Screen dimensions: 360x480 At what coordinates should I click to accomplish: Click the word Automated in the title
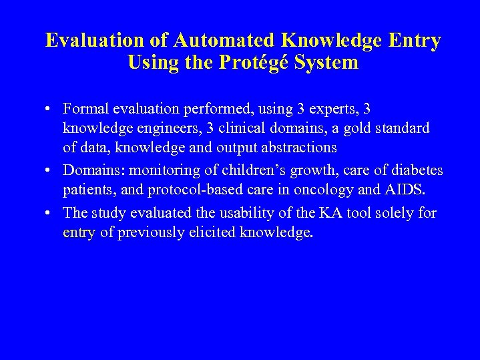click(x=222, y=41)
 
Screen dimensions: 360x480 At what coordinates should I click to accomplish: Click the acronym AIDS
click(x=404, y=190)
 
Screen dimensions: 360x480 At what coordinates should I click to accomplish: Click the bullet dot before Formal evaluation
click(x=51, y=109)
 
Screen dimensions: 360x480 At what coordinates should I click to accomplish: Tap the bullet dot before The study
click(x=51, y=214)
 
